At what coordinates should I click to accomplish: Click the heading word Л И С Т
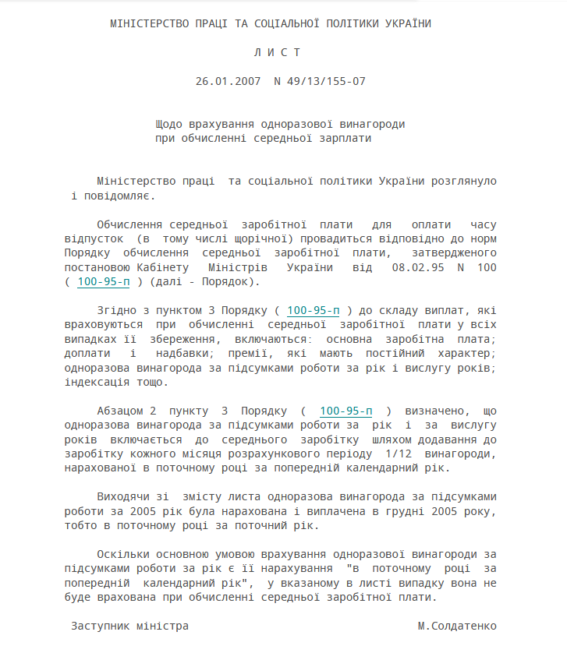[x=276, y=52]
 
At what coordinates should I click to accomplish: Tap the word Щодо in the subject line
[x=168, y=124]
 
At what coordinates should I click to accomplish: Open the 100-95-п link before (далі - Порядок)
[x=104, y=281]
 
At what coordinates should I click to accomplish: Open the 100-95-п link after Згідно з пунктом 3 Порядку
[x=314, y=309]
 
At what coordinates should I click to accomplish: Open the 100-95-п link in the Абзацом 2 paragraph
[x=346, y=410]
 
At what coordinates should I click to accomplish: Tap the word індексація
[x=97, y=381]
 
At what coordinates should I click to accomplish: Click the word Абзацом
[x=119, y=410]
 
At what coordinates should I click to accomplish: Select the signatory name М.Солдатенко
[x=456, y=625]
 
